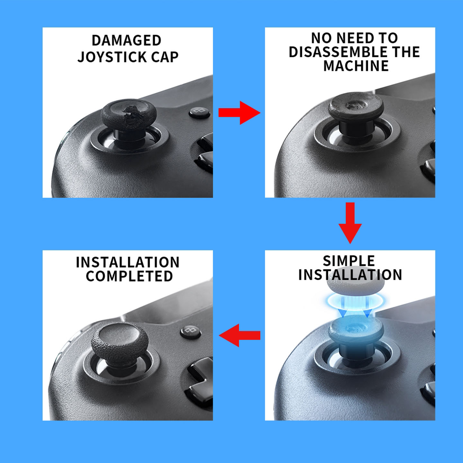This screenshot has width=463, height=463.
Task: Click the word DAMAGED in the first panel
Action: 126,41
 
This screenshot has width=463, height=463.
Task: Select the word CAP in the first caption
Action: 165,57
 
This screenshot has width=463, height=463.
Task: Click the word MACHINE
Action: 356,66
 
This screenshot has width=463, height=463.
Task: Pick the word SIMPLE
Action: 349,261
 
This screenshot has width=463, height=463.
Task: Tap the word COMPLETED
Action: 129,276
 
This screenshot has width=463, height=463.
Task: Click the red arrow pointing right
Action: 239,113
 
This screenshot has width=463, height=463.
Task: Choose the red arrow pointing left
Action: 240,335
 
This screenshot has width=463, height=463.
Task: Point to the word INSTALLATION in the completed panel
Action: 128,262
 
